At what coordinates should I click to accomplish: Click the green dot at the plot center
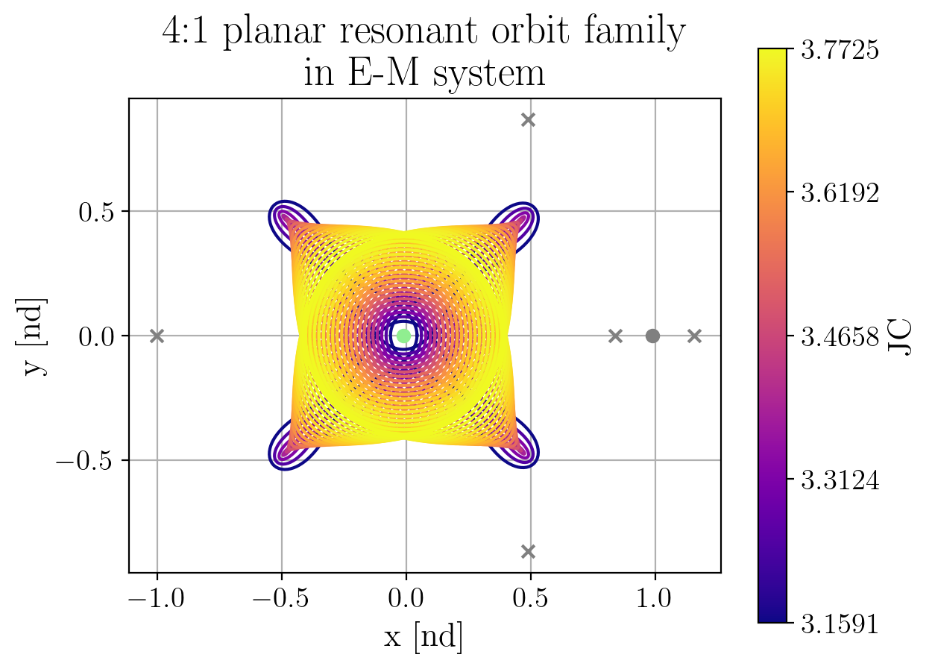(403, 336)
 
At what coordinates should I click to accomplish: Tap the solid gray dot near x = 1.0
(652, 336)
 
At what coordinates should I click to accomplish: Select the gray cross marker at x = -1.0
(157, 336)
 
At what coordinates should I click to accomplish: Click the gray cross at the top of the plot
(529, 119)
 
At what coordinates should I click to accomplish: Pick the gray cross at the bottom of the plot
(529, 551)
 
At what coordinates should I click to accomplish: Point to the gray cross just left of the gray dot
(615, 336)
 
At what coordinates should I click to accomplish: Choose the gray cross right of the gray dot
(694, 336)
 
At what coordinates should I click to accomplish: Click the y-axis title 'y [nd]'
(34, 336)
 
